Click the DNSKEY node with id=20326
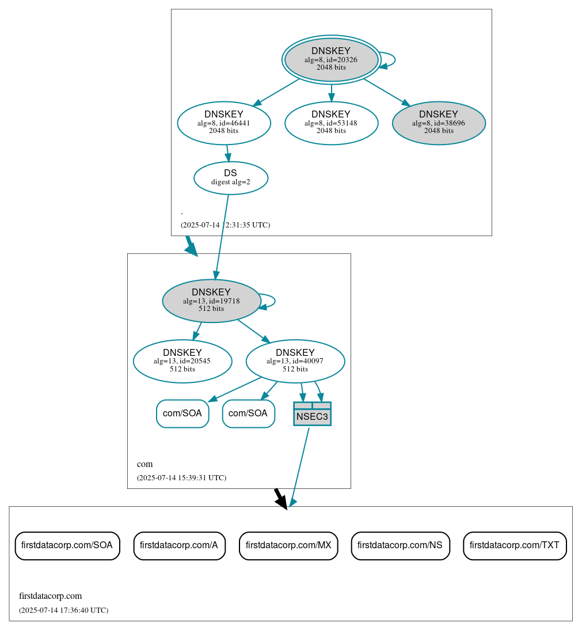click(x=331, y=59)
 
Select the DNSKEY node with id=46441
click(x=224, y=123)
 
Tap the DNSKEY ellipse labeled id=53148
click(x=331, y=123)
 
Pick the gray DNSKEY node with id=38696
click(x=439, y=123)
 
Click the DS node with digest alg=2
click(x=230, y=177)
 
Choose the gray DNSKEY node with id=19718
click(x=211, y=301)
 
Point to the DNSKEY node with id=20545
click(x=182, y=361)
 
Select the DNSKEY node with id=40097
click(x=295, y=361)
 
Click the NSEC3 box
click(x=312, y=414)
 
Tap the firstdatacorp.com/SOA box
click(x=67, y=545)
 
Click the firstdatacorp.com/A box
click(x=179, y=545)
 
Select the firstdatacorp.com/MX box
click(x=288, y=545)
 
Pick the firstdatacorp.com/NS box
click(x=400, y=545)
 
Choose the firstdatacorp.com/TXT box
click(x=515, y=545)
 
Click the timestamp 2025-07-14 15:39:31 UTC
click(x=181, y=478)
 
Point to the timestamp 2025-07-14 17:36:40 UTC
click(x=63, y=610)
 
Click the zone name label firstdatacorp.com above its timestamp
click(x=51, y=596)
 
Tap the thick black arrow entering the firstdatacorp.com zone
click(x=280, y=498)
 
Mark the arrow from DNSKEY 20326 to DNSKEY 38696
click(x=387, y=92)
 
